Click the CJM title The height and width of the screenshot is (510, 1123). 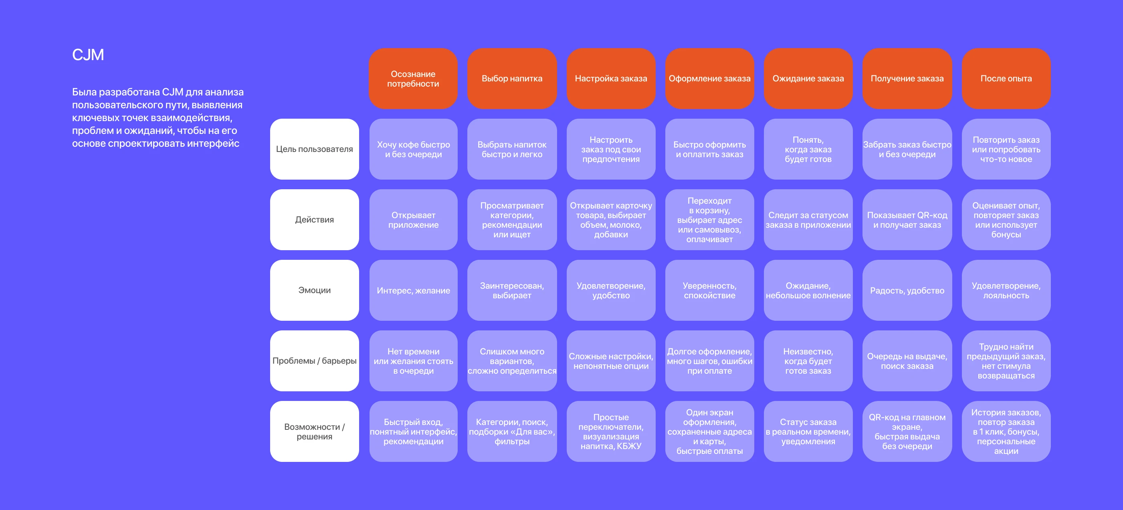point(88,55)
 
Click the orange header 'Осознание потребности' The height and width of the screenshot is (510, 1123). point(413,79)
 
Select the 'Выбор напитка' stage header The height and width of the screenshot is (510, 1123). point(512,79)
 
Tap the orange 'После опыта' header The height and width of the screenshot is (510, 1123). point(1006,79)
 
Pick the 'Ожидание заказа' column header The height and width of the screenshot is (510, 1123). point(808,79)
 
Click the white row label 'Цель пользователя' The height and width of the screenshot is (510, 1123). point(314,149)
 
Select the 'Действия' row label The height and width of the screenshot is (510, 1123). point(314,220)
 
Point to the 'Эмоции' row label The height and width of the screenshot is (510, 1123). point(314,291)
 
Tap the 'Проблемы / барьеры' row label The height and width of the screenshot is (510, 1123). point(314,361)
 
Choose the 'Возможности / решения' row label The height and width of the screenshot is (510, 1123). point(314,431)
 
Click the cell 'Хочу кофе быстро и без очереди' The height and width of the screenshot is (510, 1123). point(413,149)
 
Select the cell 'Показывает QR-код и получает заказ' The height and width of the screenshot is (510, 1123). point(907,220)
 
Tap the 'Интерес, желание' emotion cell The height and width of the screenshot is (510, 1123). point(413,291)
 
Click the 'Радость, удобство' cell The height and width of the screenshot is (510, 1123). point(907,291)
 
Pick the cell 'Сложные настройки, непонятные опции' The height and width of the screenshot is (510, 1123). point(611,361)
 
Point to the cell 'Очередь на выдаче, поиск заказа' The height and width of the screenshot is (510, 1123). point(907,361)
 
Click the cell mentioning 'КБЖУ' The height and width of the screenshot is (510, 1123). point(611,431)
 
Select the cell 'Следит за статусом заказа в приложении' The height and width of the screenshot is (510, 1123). point(808,220)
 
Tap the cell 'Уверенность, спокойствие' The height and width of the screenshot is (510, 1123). point(710,291)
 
